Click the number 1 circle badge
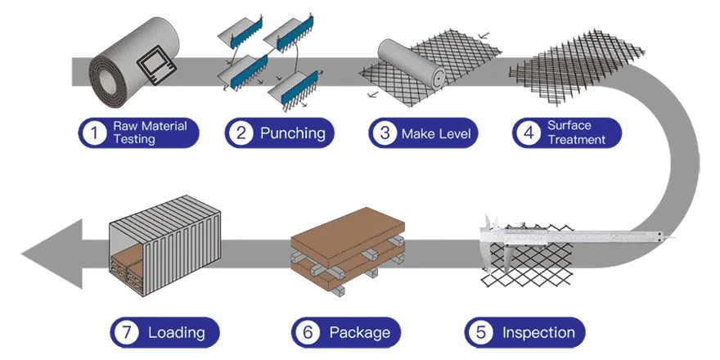[x=95, y=133]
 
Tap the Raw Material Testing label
[x=150, y=133]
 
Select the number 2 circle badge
[x=241, y=133]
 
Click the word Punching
[x=292, y=133]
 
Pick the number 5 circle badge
[x=480, y=332]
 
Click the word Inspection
[x=538, y=332]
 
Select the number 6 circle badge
[x=307, y=332]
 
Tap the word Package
[x=359, y=332]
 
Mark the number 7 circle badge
[x=125, y=332]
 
